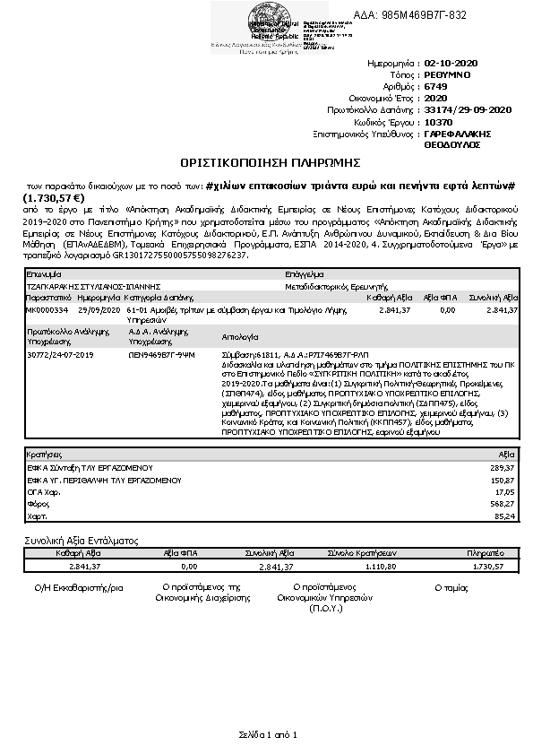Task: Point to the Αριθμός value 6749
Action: pos(435,87)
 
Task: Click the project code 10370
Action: pos(438,119)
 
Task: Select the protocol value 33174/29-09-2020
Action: pos(467,108)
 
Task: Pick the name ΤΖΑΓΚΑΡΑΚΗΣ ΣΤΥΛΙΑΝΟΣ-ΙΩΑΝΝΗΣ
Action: pos(81,288)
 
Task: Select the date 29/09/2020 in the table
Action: pos(94,310)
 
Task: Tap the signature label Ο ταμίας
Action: pos(452,586)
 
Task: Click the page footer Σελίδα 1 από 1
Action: pos(267,734)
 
